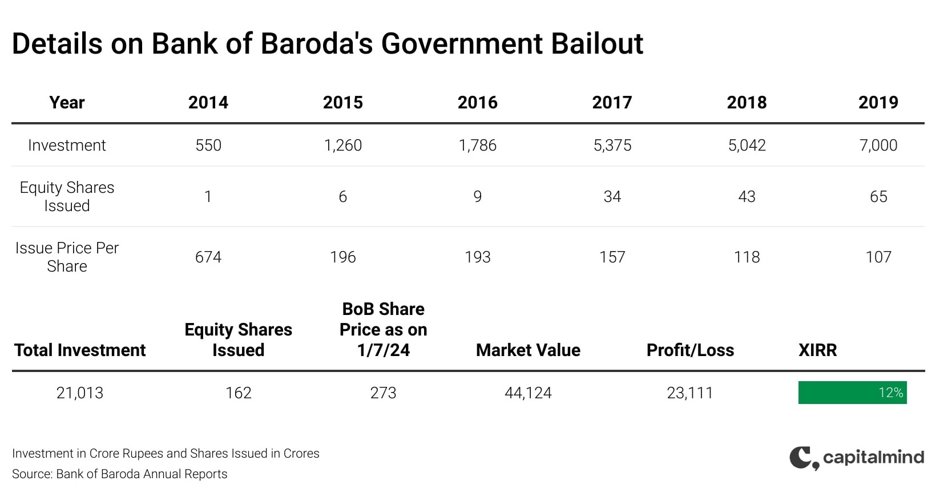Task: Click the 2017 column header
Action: (612, 103)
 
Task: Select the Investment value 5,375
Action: (612, 146)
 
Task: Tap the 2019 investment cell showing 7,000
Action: (878, 146)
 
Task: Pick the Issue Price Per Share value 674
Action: (208, 257)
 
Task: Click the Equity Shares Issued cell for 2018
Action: (747, 197)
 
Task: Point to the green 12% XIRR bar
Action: (852, 393)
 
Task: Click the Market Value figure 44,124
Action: (528, 393)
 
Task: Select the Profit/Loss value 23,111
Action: (690, 393)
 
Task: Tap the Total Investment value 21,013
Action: (80, 393)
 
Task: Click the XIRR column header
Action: (817, 350)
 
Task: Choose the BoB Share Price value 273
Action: (383, 393)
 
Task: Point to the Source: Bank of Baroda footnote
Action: (120, 474)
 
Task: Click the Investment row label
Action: (67, 146)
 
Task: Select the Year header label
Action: (67, 103)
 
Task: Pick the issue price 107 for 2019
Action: (878, 257)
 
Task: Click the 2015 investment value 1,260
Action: (342, 146)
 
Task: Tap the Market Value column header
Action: (528, 350)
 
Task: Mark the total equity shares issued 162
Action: (238, 393)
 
